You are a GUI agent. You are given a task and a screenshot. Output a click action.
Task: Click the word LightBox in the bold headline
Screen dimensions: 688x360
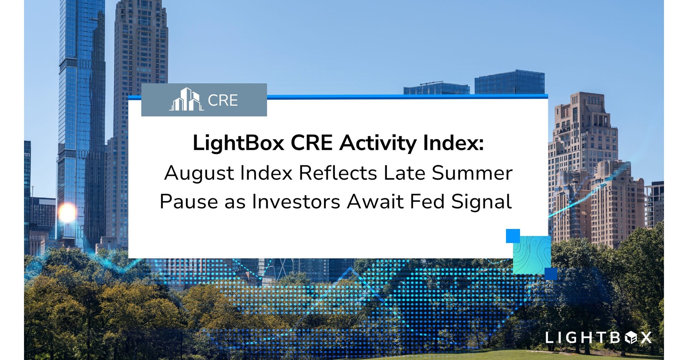tap(238, 143)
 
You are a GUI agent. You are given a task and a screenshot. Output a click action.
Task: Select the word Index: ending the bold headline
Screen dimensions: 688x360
tap(453, 143)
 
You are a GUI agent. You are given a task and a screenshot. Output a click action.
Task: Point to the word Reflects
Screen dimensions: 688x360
tap(338, 173)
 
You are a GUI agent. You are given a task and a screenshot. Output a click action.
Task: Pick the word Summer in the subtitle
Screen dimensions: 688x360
tap(472, 173)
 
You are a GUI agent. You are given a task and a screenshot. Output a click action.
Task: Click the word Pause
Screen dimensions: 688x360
tap(189, 201)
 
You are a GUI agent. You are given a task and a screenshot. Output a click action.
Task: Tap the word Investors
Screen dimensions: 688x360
tap(296, 201)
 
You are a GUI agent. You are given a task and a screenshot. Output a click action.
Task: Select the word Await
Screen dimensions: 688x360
tap(375, 201)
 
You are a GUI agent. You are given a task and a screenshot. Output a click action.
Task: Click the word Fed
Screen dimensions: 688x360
tap(427, 201)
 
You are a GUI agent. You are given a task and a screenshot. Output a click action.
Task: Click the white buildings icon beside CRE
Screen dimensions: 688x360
tap(186, 99)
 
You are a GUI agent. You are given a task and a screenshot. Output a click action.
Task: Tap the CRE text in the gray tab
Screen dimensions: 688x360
tap(223, 100)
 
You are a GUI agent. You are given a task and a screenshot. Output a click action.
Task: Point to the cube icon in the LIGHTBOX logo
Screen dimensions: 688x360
tap(631, 337)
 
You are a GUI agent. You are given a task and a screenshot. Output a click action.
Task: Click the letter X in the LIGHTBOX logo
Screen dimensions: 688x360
tap(646, 337)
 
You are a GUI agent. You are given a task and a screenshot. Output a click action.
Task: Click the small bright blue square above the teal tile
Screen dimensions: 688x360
tap(513, 236)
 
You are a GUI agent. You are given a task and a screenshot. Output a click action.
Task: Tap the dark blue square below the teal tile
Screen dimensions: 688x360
tap(551, 274)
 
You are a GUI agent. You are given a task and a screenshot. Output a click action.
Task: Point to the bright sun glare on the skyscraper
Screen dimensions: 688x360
tap(67, 213)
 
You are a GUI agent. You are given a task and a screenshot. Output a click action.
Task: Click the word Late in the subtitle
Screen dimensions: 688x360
tap(404, 173)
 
